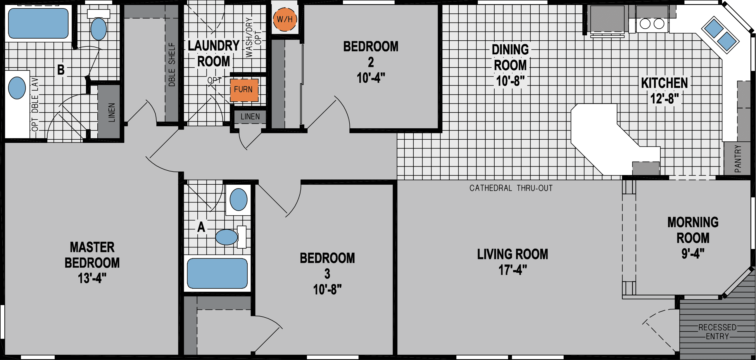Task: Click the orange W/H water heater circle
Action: pyautogui.click(x=284, y=19)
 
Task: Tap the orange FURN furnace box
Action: pyautogui.click(x=244, y=90)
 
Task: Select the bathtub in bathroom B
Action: pyautogui.click(x=38, y=23)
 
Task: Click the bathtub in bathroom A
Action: pyautogui.click(x=217, y=273)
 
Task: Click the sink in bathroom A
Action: pyautogui.click(x=238, y=200)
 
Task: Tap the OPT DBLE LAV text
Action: pyautogui.click(x=35, y=104)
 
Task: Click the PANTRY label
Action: pyautogui.click(x=738, y=159)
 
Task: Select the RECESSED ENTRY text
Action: pyautogui.click(x=717, y=332)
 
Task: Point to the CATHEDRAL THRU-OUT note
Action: pyautogui.click(x=511, y=188)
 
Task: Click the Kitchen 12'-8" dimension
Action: pyautogui.click(x=664, y=99)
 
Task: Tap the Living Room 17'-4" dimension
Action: pyautogui.click(x=512, y=270)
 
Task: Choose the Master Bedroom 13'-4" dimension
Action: pyautogui.click(x=92, y=278)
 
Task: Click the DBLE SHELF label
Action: pyautogui.click(x=172, y=65)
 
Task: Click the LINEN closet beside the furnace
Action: pyautogui.click(x=250, y=117)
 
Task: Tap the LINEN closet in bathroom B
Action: pyautogui.click(x=111, y=112)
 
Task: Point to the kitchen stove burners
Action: pyautogui.click(x=652, y=23)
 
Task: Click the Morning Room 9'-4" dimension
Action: pyautogui.click(x=693, y=253)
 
